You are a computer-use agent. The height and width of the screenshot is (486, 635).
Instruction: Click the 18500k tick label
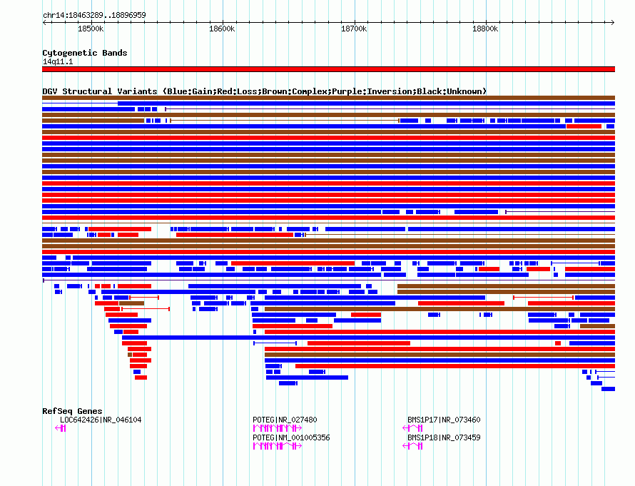91,29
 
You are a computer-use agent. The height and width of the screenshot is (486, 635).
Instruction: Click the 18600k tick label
222,29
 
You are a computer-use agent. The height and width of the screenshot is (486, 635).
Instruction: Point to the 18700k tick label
354,29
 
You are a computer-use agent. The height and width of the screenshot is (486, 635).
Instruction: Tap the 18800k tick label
485,29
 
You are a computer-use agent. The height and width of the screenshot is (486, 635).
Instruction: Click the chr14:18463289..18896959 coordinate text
94,16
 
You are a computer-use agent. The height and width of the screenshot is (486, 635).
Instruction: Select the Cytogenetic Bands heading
85,53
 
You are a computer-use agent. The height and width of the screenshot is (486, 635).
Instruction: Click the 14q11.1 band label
58,61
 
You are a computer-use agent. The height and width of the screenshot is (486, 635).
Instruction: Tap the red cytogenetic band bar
328,69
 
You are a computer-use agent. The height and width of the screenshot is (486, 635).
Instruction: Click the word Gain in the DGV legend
202,91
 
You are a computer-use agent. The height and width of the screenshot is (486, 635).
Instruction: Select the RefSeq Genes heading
72,411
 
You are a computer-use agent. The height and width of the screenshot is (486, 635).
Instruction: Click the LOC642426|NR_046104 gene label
101,420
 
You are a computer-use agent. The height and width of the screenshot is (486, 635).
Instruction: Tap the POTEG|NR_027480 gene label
285,420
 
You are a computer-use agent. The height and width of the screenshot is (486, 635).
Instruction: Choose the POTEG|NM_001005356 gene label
291,437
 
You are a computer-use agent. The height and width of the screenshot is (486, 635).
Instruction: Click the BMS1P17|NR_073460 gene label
444,420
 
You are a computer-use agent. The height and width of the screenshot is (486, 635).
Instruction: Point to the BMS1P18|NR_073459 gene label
444,437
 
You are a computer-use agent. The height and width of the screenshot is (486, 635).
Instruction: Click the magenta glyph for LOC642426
61,428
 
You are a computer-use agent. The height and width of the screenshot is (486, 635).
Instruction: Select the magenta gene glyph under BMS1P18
412,446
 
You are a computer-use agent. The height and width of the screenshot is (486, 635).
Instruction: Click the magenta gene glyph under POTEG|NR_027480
278,428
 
